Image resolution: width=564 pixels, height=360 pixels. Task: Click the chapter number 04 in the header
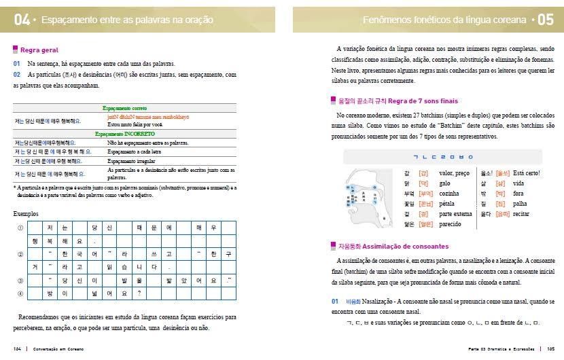pos(22,20)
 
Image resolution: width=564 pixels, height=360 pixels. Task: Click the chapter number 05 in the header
pos(546,20)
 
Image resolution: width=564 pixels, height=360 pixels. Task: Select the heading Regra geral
pos(39,50)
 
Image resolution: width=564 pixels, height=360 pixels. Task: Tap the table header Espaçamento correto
pos(126,108)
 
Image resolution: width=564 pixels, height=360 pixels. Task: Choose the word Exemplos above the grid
pos(27,213)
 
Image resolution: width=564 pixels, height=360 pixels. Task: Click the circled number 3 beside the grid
pos(20,280)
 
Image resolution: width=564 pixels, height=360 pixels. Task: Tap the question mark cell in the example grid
pos(139,293)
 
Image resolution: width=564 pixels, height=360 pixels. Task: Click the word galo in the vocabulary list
pos(445,183)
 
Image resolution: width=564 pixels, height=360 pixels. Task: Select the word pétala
pos(448,203)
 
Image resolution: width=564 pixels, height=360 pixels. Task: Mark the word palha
pos(520,203)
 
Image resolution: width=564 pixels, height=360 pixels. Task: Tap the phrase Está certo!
pos(527,174)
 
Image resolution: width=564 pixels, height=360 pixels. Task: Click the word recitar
pos(522,213)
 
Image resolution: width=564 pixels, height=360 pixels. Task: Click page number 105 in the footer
pos(550,349)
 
